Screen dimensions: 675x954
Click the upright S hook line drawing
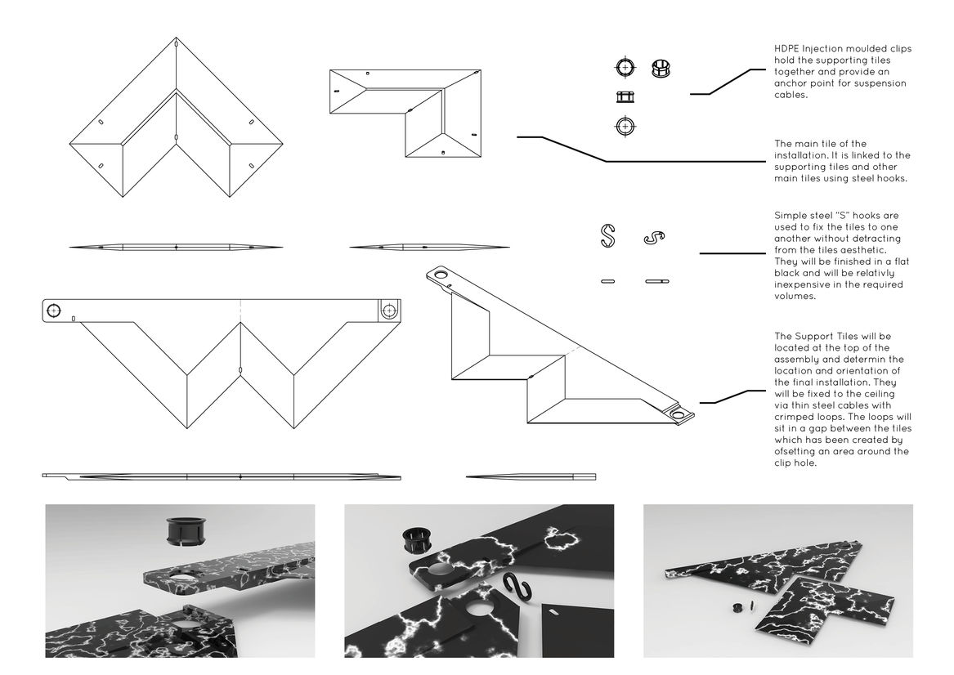607,235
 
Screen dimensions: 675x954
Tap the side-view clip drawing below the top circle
625,96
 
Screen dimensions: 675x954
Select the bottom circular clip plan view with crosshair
625,126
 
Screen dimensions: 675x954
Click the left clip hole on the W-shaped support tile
54,311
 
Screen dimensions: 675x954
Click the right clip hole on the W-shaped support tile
388,311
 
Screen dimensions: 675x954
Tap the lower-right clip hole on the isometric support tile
679,415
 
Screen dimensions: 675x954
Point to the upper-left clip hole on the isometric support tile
442,275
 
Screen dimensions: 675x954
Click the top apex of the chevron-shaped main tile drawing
176,38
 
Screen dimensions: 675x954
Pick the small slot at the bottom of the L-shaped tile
441,153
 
